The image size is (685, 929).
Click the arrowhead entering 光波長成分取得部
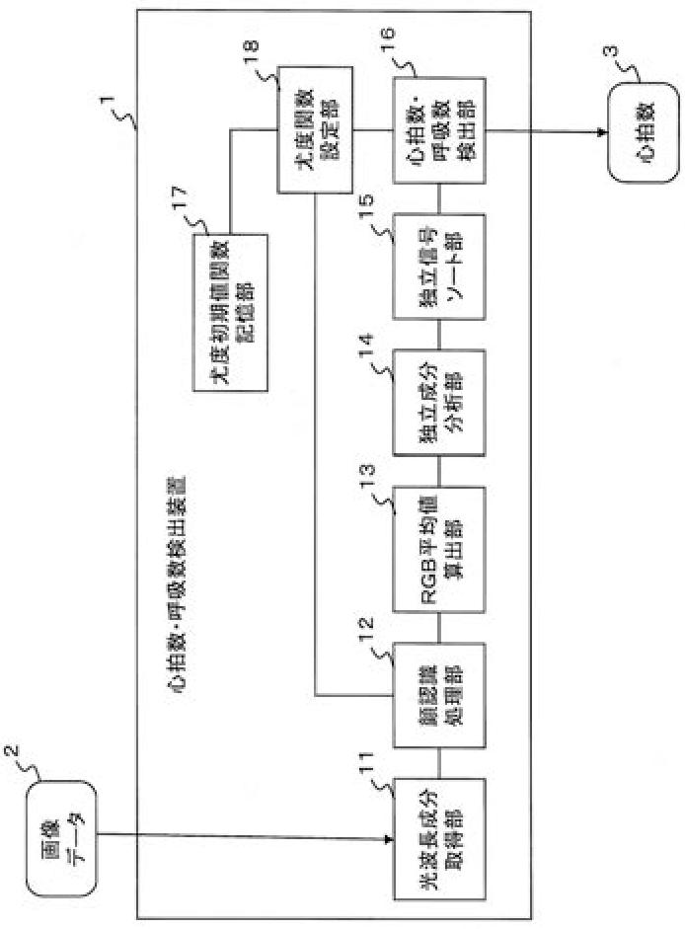387,839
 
